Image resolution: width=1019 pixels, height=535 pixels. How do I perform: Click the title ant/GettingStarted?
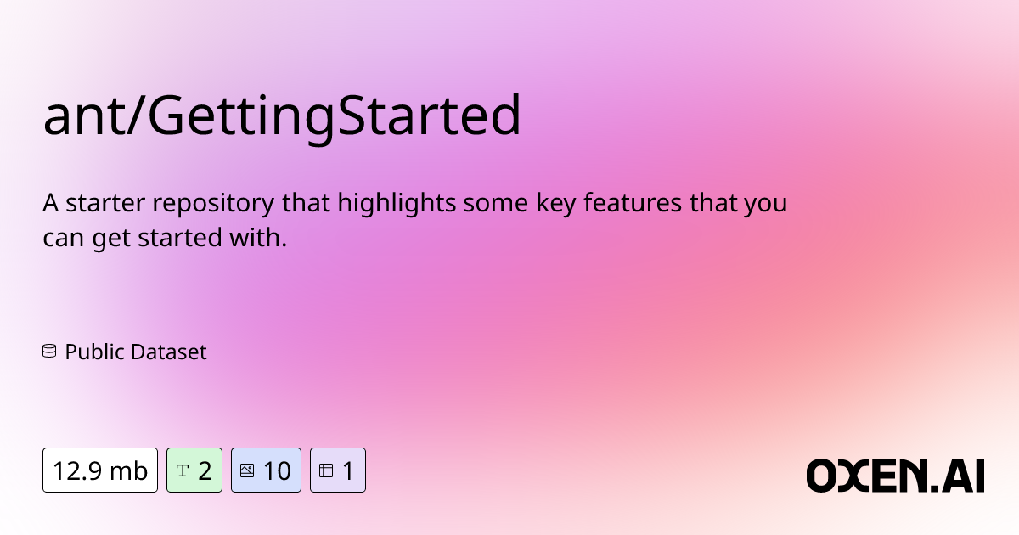tap(282, 115)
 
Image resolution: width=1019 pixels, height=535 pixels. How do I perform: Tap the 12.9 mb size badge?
tap(100, 470)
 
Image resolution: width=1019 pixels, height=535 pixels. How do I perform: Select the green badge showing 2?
tap(194, 470)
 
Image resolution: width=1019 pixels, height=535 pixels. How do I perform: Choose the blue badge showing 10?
tap(266, 470)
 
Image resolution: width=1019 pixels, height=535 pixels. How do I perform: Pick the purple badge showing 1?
tap(338, 470)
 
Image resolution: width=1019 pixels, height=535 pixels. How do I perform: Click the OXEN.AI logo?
tap(895, 476)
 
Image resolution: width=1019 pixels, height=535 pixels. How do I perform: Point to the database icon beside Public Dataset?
tap(49, 352)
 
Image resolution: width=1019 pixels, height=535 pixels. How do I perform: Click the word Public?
tap(94, 352)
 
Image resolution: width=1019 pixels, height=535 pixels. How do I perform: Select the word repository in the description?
tap(213, 204)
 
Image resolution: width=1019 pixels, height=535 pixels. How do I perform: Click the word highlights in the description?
tap(397, 203)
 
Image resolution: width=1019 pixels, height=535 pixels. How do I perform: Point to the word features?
tap(633, 202)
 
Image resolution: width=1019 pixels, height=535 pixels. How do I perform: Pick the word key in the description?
tap(556, 204)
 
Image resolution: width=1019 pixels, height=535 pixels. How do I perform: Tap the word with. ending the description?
tap(258, 238)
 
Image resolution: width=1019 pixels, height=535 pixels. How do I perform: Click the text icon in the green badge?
tap(182, 470)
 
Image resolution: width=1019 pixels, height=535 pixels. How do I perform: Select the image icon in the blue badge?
tap(247, 470)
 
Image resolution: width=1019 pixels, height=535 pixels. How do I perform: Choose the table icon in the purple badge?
tap(326, 470)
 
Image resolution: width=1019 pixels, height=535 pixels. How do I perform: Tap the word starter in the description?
tap(105, 203)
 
